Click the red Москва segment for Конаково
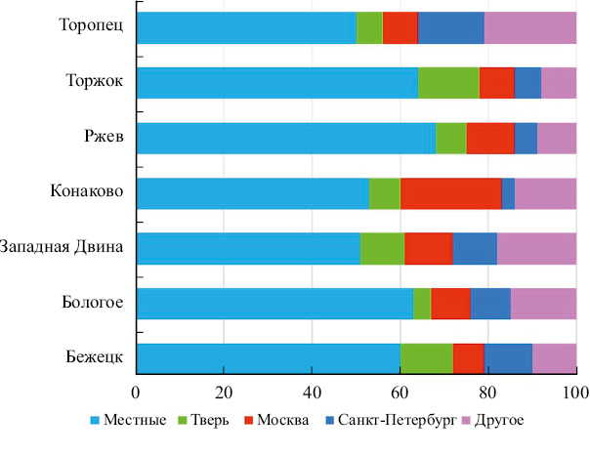click(450, 194)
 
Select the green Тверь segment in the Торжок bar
click(448, 84)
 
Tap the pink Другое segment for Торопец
click(529, 28)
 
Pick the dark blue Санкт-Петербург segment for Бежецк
click(507, 359)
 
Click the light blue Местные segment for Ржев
click(286, 139)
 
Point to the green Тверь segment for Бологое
click(422, 304)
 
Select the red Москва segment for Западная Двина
click(428, 249)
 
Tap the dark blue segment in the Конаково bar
click(508, 194)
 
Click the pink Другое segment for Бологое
click(543, 304)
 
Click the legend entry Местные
click(127, 421)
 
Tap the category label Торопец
click(91, 27)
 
